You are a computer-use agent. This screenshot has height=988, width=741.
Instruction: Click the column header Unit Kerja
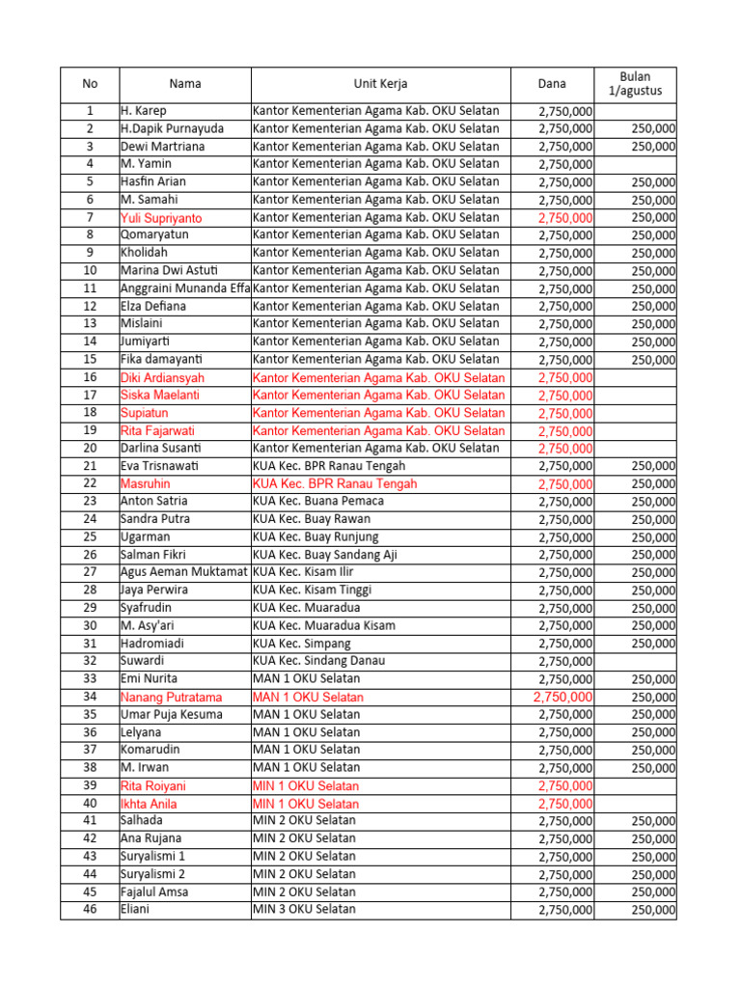(x=380, y=84)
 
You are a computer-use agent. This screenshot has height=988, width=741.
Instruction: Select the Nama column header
(x=184, y=84)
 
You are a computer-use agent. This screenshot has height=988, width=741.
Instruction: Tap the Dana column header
(x=552, y=84)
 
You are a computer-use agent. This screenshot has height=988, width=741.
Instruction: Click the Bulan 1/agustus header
(x=635, y=84)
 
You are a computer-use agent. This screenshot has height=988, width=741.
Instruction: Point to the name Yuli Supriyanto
(x=161, y=218)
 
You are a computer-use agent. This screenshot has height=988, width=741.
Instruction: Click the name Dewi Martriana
(x=161, y=147)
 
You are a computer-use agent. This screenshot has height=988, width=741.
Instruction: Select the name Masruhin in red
(x=148, y=483)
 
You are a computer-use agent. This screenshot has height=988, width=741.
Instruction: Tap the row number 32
(x=90, y=661)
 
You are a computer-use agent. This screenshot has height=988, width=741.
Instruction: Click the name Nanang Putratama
(x=171, y=697)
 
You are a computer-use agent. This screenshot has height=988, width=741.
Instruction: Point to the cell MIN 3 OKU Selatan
(x=304, y=909)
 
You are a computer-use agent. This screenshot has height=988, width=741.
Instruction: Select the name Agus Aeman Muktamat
(x=184, y=572)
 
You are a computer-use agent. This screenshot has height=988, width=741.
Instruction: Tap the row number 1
(x=90, y=111)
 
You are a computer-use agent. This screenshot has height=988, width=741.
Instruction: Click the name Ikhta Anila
(x=149, y=803)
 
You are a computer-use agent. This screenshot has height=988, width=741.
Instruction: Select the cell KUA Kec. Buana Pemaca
(x=317, y=501)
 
